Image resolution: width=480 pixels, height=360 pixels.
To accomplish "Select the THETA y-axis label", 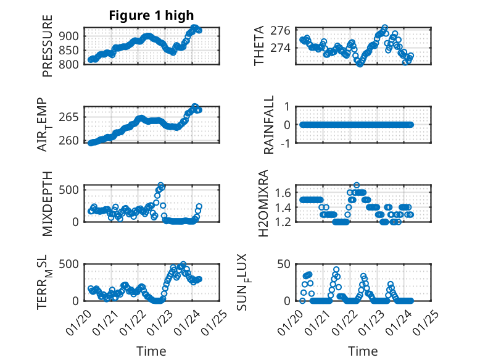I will [x=259, y=46].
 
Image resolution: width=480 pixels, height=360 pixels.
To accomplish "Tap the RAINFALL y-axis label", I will [x=269, y=125].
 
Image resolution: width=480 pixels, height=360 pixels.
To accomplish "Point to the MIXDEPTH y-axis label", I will [x=48, y=203].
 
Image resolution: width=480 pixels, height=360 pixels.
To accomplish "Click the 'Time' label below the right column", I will [x=363, y=351].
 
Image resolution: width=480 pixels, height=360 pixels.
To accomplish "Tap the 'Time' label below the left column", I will [x=151, y=351].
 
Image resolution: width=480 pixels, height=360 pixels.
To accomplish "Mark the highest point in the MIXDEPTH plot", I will [x=161, y=185].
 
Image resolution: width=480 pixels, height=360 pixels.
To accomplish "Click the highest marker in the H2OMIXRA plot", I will [x=357, y=185].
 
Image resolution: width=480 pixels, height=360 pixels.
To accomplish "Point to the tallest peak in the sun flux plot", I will [x=336, y=269].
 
